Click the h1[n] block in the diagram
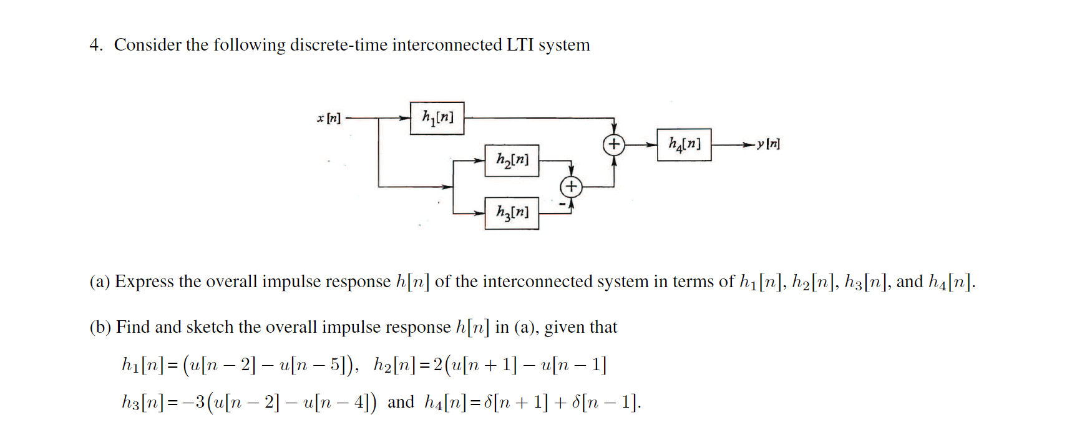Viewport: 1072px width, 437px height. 437,118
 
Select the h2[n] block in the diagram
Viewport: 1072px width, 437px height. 512,160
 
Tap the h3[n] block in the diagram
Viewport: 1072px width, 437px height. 512,213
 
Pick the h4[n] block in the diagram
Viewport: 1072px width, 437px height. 684,144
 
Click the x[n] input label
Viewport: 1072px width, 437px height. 329,118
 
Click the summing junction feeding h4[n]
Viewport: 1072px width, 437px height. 614,144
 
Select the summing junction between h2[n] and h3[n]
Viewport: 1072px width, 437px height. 571,186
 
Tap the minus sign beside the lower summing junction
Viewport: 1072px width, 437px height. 562,204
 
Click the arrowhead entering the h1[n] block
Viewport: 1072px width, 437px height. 404,117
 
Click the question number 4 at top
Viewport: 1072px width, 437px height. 95,45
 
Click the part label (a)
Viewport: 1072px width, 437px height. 100,282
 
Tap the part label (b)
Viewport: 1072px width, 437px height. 100,328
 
